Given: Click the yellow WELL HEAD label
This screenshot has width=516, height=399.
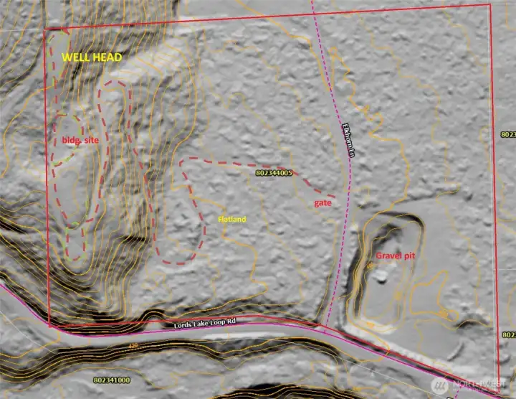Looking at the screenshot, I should (x=91, y=57).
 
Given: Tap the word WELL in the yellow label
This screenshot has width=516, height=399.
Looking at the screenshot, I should (x=76, y=57).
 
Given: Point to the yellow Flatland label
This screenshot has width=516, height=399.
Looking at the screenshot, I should (x=231, y=219).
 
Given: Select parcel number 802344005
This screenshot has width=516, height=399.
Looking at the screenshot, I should (x=274, y=173).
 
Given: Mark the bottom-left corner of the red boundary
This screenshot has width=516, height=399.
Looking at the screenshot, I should (x=49, y=326).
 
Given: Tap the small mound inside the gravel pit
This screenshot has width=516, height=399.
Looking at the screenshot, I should (x=381, y=273).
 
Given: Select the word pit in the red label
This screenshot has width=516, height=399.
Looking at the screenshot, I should (x=411, y=255).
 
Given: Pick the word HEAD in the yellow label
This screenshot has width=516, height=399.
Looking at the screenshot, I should (x=107, y=57).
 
